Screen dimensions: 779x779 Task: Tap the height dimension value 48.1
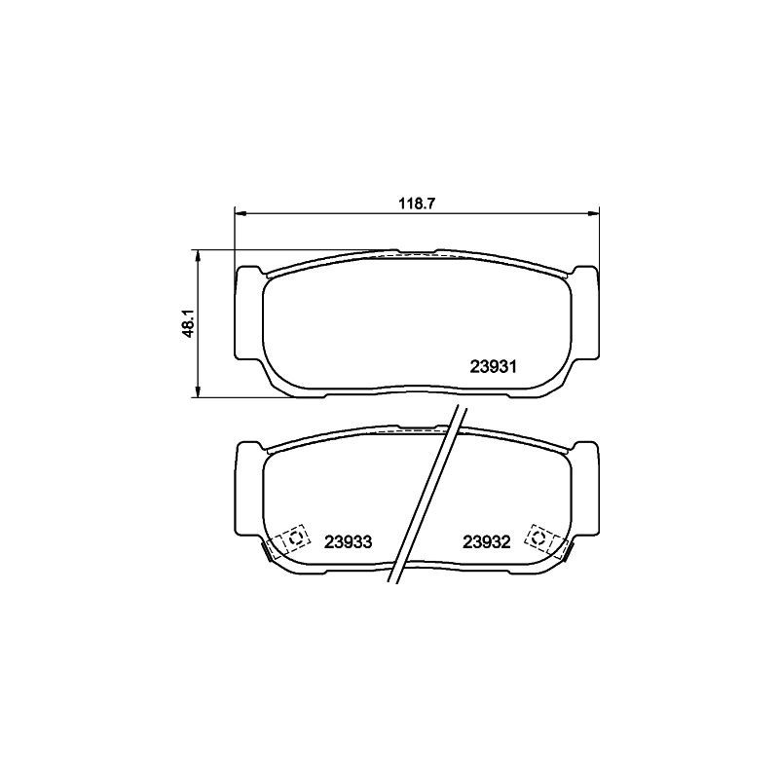pyautogui.click(x=190, y=323)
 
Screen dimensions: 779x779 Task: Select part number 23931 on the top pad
pyautogui.click(x=494, y=367)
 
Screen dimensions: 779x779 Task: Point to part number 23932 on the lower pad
pyautogui.click(x=487, y=542)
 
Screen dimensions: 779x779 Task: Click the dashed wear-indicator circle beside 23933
pyautogui.click(x=293, y=538)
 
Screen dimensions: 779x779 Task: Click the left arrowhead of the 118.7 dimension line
pyautogui.click(x=241, y=214)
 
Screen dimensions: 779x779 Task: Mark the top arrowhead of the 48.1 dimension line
pyautogui.click(x=198, y=255)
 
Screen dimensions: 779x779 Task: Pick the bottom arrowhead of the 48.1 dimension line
pyautogui.click(x=198, y=391)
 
